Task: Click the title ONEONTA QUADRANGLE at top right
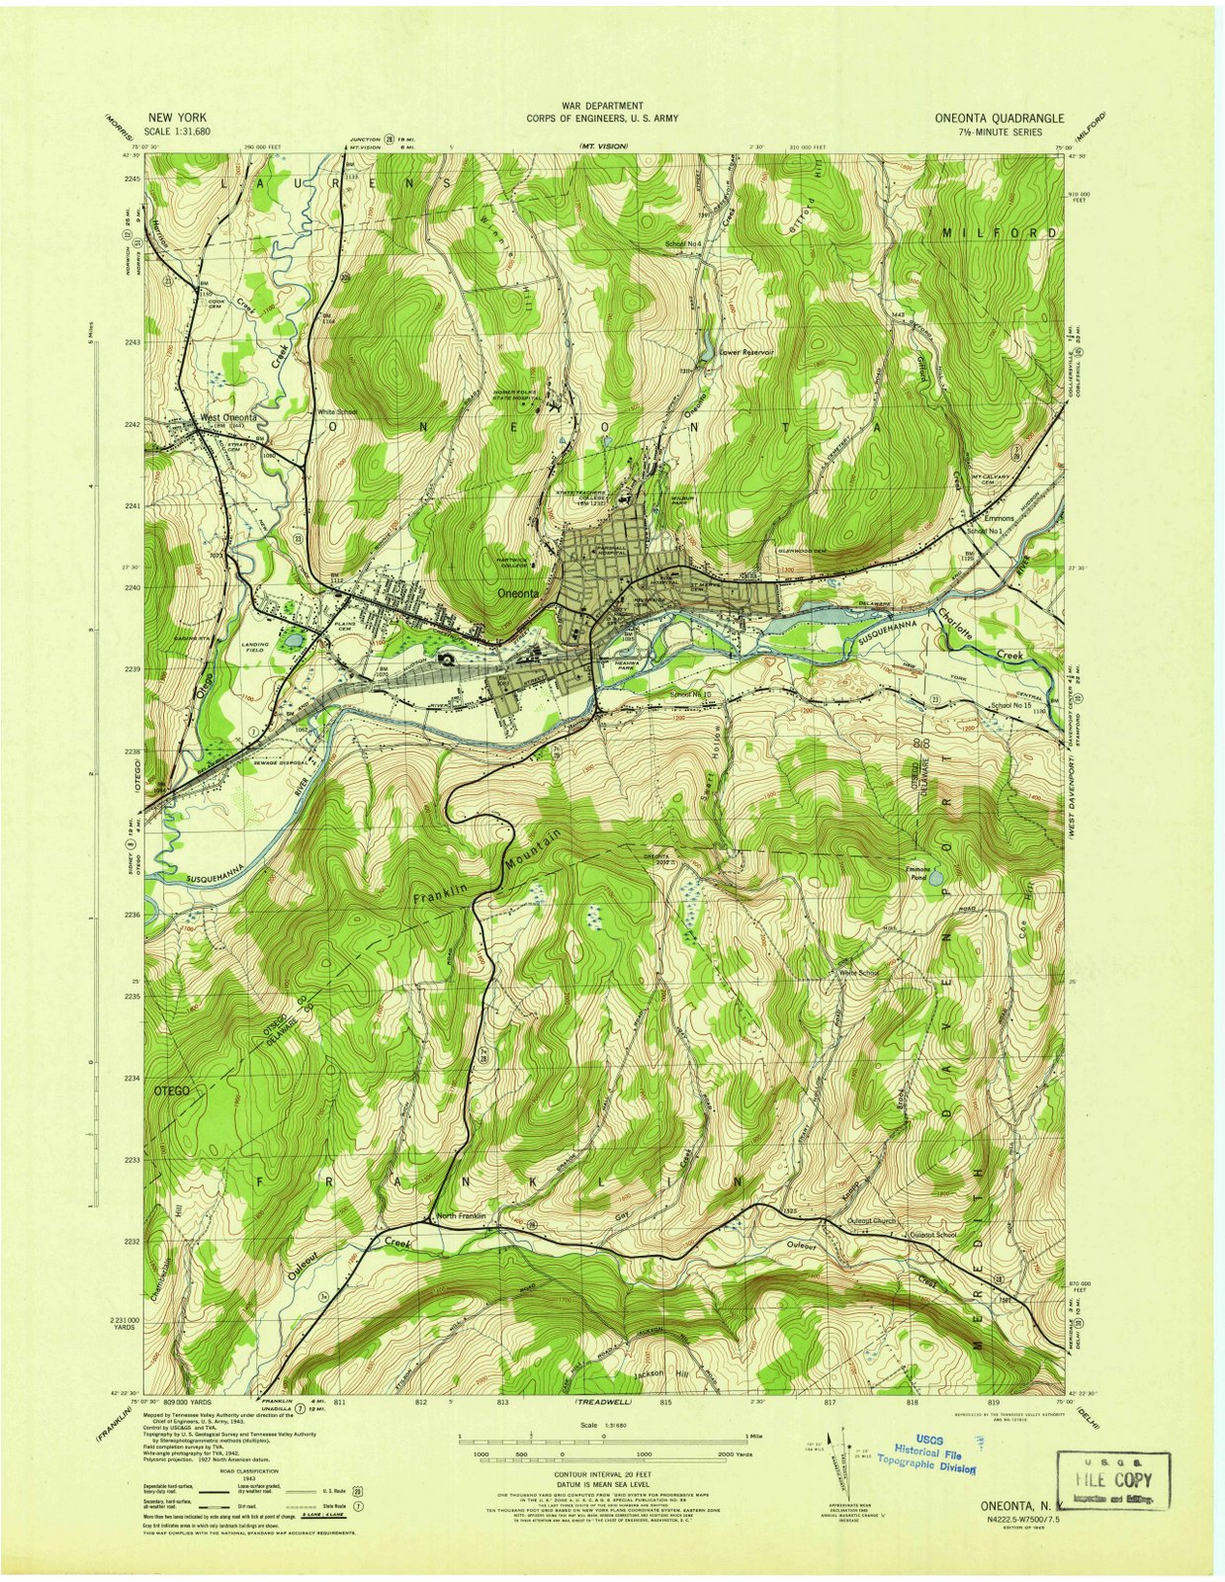tap(999, 118)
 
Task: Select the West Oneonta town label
tap(228, 417)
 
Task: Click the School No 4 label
tap(682, 244)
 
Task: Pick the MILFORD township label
tap(998, 232)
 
